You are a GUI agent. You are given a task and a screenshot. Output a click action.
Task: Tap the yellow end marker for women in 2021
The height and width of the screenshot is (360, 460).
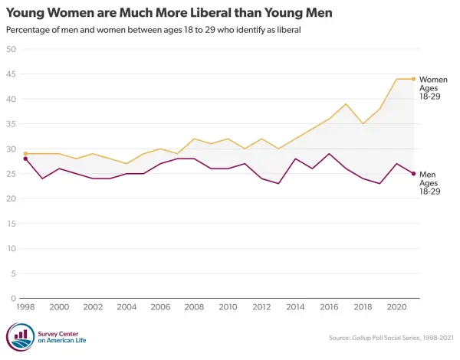(413, 79)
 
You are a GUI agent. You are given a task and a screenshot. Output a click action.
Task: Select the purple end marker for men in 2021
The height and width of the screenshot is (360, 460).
(413, 174)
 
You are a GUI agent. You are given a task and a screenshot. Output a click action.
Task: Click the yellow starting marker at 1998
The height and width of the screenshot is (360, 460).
(25, 154)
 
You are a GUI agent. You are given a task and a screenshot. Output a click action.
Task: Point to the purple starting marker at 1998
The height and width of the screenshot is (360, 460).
(25, 159)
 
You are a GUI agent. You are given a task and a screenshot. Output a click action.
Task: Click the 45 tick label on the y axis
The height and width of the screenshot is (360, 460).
(11, 74)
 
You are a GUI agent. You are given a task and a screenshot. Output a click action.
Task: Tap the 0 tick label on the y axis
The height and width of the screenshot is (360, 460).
(14, 299)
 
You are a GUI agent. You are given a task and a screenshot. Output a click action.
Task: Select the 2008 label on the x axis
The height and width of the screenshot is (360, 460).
(194, 307)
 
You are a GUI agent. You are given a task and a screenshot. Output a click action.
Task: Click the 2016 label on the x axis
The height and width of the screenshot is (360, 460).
(329, 307)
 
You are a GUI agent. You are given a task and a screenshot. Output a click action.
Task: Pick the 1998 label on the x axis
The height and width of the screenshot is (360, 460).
(25, 307)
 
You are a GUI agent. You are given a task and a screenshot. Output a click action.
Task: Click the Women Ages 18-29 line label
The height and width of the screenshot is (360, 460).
(433, 88)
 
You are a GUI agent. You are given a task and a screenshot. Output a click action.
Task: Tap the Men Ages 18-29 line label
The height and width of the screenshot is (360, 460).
(430, 183)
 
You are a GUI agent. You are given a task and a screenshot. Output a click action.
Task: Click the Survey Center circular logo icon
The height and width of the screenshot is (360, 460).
(21, 337)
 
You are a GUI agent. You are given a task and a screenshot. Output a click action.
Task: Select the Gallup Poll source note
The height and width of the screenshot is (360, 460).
(391, 338)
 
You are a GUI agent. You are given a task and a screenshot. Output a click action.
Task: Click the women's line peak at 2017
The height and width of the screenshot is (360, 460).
(346, 103)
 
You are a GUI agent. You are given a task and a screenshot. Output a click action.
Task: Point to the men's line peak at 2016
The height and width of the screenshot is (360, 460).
(329, 154)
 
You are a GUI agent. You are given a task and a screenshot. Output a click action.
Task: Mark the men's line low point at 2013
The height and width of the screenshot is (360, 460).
(278, 184)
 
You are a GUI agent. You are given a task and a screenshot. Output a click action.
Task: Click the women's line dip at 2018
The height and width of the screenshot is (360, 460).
(363, 124)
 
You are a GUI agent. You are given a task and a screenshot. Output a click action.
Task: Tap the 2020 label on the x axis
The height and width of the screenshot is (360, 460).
(396, 307)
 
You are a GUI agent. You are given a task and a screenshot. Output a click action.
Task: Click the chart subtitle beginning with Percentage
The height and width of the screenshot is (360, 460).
(153, 30)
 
